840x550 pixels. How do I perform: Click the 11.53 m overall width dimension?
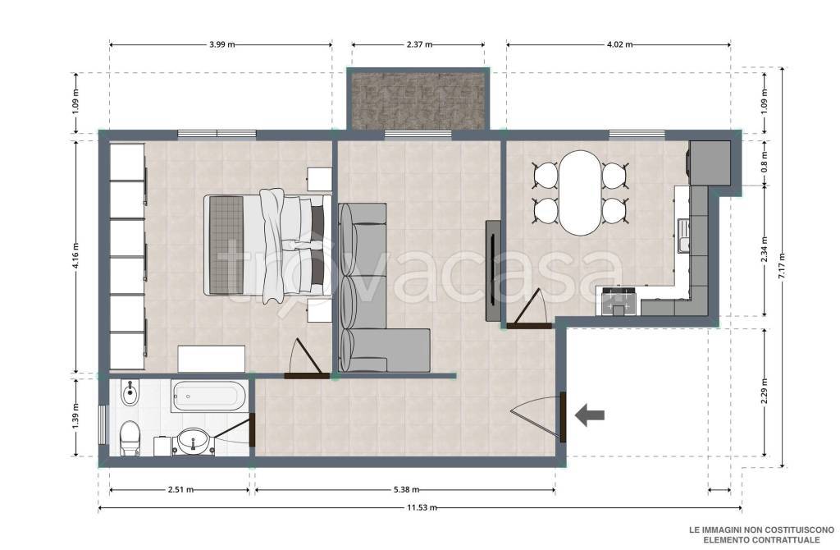(x=422, y=507)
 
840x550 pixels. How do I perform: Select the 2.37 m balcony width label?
(x=419, y=44)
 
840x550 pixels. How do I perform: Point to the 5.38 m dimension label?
(x=406, y=489)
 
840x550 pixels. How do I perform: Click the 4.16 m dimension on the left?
(x=75, y=257)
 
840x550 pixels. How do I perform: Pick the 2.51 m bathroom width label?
(x=180, y=489)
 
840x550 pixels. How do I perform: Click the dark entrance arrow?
(x=590, y=415)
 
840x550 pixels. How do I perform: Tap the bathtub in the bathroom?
(x=209, y=396)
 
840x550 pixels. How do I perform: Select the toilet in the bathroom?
(x=130, y=438)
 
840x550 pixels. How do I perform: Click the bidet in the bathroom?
(x=129, y=393)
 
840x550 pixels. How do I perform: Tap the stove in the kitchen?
(x=619, y=301)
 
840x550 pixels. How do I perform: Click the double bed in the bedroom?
(x=267, y=245)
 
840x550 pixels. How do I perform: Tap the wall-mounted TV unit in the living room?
(x=493, y=271)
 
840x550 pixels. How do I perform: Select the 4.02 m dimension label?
(x=619, y=44)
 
